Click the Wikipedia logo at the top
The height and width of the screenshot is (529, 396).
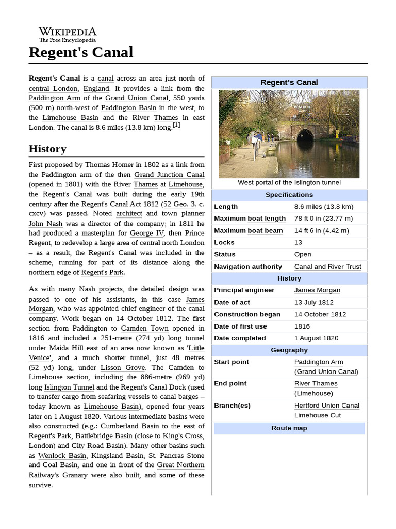tap(68, 34)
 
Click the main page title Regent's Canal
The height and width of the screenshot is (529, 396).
tap(81, 52)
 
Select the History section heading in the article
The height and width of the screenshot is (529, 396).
tap(47, 149)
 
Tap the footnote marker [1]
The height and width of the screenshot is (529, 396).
tap(176, 125)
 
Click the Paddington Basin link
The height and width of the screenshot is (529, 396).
tap(128, 107)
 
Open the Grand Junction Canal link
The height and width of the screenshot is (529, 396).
tap(169, 175)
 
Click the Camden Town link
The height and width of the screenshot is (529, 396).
tap(141, 329)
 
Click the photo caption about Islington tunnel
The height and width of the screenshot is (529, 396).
tap(289, 182)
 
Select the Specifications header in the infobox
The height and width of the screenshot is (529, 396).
tap(289, 195)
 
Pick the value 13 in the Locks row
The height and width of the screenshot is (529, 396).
tap(298, 242)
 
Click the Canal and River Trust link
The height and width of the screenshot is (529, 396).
tap(327, 267)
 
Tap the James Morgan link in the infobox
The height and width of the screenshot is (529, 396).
tap(317, 290)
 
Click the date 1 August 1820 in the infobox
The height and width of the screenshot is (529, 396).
tap(316, 338)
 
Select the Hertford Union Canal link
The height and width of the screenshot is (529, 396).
tap(327, 406)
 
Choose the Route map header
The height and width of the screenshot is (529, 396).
tap(289, 428)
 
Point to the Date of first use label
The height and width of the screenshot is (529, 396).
tap(240, 326)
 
